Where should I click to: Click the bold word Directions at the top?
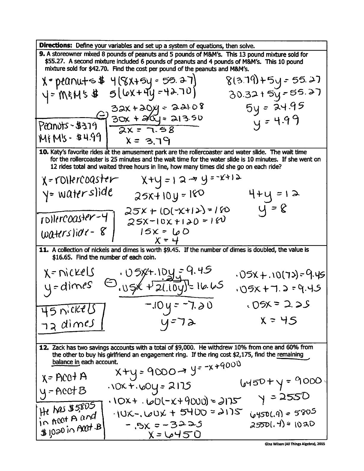tap(56, 45)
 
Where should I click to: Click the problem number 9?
tap(42, 54)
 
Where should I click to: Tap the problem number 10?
tap(44, 152)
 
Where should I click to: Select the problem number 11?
tap(44, 250)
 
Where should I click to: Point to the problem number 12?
tap(44, 347)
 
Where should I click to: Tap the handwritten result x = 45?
tap(278, 321)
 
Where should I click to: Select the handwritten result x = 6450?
tap(175, 435)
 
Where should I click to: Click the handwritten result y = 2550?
tap(284, 397)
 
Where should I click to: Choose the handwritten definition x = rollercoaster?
tap(80, 180)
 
